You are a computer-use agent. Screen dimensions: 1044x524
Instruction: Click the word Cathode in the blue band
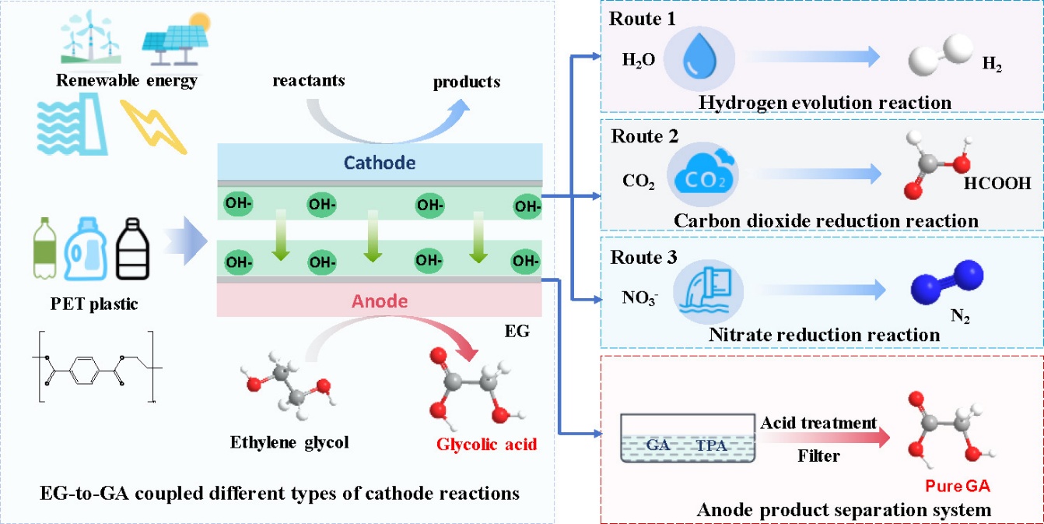380,163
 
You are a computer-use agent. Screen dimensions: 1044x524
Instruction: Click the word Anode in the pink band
380,301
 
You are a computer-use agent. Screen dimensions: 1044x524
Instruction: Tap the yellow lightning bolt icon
154,126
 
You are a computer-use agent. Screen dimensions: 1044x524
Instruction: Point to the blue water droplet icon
699,55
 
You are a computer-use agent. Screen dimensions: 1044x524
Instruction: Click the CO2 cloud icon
703,174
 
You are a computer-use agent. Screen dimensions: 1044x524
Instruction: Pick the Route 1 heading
643,19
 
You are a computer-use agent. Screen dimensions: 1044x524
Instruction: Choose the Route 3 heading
643,257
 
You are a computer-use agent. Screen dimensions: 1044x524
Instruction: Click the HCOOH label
997,184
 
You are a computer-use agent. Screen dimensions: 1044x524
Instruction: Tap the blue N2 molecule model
947,282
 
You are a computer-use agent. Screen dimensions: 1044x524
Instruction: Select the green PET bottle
45,248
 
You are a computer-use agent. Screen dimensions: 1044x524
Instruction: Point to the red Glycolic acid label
486,445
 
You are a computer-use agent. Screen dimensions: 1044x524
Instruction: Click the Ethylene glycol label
289,442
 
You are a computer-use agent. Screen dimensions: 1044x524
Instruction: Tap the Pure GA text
958,486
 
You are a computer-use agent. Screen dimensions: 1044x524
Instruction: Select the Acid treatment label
818,423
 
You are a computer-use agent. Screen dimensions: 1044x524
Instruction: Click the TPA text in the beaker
711,445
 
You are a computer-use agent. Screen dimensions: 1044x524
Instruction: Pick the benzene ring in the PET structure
84,371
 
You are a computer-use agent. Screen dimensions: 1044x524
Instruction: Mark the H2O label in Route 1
639,60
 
